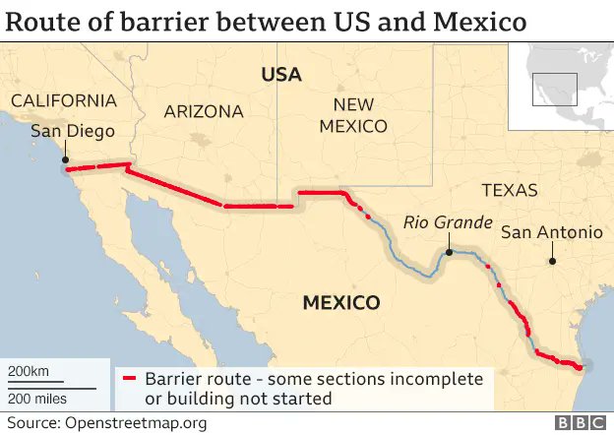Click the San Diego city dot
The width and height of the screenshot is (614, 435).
pos(65,159)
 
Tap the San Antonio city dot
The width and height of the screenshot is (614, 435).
pos(552,261)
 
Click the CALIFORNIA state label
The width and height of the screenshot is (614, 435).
pos(63,101)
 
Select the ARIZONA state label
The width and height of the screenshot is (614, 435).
pos(204,111)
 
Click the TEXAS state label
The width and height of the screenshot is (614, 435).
pos(510,190)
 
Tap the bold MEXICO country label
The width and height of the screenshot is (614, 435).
pos(340,302)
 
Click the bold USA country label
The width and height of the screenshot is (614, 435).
pos(280,75)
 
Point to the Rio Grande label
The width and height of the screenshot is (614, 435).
pos(447,223)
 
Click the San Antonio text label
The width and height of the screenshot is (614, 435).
pos(551,232)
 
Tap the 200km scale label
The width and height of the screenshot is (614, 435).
pos(29,370)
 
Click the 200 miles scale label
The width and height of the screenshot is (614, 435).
pos(37,398)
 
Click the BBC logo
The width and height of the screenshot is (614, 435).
pos(581,422)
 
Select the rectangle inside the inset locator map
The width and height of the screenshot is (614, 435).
pos(554,89)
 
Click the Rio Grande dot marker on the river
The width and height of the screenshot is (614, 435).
pos(447,252)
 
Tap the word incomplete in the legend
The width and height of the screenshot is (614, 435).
pos(437,379)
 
